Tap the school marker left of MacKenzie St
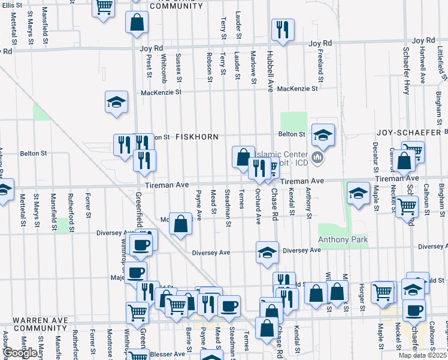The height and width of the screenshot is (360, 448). click(x=116, y=101)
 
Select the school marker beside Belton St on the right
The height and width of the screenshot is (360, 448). click(x=323, y=134)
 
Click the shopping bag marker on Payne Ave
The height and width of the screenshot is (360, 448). click(x=180, y=224)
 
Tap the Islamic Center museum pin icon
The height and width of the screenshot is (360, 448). click(x=317, y=158)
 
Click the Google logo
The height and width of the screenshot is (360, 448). click(x=20, y=353)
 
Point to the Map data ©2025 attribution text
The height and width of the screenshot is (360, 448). click(x=422, y=355)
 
